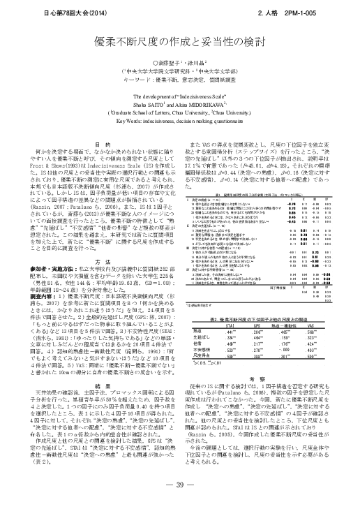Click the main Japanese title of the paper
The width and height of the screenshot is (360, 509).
(x=179, y=43)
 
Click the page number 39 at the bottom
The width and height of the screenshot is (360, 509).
(x=180, y=485)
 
